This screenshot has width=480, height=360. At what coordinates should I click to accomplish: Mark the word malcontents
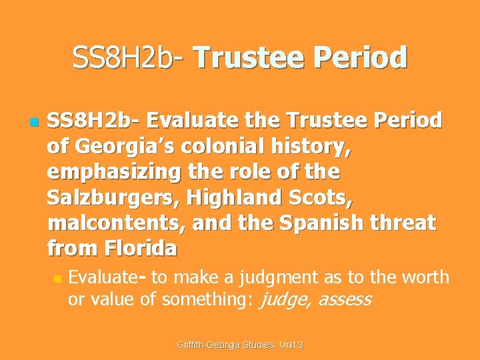coord(115,223)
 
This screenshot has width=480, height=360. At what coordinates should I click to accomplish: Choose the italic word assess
coord(343,299)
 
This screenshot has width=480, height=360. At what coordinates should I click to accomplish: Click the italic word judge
coord(283,299)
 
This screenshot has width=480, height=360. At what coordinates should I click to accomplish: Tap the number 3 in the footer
coord(301,345)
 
